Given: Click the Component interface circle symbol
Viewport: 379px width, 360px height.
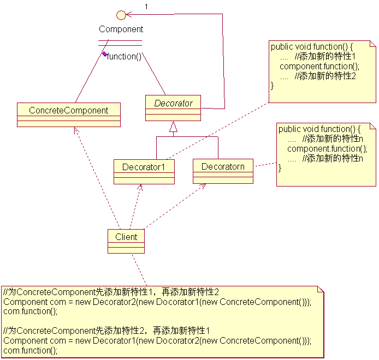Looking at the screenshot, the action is [x=121, y=15].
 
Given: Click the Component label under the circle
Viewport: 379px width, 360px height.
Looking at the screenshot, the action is [x=121, y=29].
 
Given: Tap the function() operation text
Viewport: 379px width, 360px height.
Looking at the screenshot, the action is [x=124, y=57].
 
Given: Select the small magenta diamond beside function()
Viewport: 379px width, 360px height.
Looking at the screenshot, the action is [x=104, y=54].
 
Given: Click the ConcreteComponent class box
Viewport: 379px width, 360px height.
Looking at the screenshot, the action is [x=69, y=115].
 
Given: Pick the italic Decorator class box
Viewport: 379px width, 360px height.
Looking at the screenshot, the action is [x=173, y=108].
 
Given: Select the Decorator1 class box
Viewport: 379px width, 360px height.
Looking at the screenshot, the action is [x=144, y=172].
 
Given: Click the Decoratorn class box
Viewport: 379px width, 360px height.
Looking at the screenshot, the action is [x=223, y=171].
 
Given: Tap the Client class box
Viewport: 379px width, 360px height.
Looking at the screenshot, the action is [x=126, y=241].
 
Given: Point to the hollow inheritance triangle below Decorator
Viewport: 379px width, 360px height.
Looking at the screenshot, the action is [x=173, y=127].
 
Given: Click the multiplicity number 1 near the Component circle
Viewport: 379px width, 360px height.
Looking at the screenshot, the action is [x=146, y=7].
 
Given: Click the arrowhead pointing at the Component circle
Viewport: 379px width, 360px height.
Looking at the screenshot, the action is [x=128, y=15].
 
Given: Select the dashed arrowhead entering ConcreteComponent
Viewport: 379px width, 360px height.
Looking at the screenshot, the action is [x=76, y=130].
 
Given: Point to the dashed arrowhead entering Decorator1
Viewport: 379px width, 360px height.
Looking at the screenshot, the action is [x=140, y=187].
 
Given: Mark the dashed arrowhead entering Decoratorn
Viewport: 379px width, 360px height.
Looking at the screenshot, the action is [x=203, y=186].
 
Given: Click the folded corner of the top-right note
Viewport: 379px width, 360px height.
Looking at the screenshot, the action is [x=373, y=44].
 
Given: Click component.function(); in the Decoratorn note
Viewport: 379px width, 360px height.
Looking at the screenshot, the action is [x=327, y=149].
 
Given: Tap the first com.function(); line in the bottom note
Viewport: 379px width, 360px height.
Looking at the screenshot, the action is [x=31, y=311].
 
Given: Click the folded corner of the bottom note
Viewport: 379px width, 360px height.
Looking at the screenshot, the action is [x=321, y=289].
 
